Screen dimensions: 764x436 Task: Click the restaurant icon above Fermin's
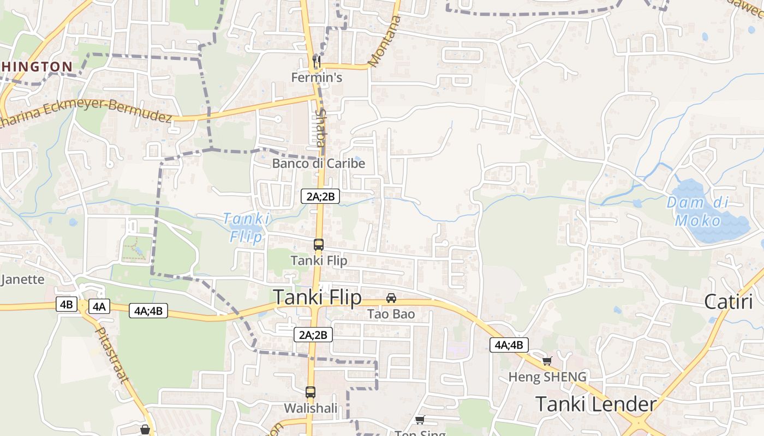pos(316,62)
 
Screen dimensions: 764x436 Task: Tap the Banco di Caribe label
pos(319,163)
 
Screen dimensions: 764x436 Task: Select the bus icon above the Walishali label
pos(310,392)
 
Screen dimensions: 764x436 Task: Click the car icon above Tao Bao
pos(391,298)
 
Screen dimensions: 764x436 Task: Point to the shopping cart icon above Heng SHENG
pos(547,361)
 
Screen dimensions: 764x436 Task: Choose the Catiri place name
pos(728,301)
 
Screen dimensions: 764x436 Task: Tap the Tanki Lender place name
pos(595,404)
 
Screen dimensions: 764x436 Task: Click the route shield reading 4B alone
pos(66,304)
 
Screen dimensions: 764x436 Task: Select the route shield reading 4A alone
pos(99,306)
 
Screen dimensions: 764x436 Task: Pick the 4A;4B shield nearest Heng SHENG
pos(509,345)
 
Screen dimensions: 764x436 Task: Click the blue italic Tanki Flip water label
pos(247,227)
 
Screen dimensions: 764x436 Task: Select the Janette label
pos(22,280)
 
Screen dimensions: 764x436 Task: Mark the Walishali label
pos(310,408)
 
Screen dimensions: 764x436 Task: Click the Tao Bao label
pos(391,314)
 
